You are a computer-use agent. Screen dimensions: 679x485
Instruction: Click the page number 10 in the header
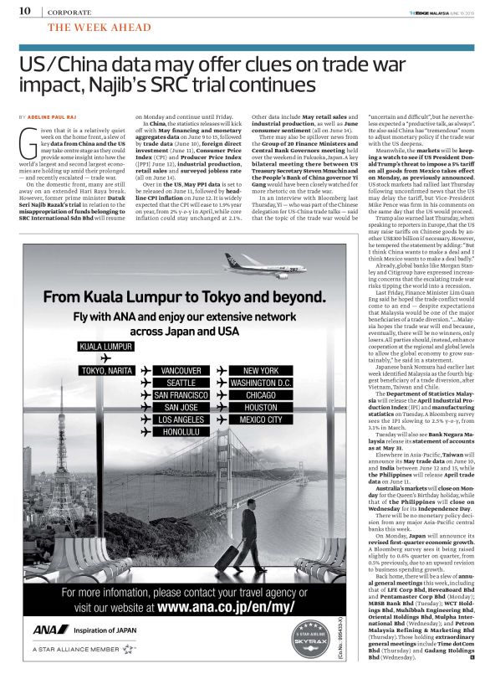pyautogui.click(x=24, y=11)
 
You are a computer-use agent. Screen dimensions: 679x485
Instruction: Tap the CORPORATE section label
pyautogui.click(x=69, y=12)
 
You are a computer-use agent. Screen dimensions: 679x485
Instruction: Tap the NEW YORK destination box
pyautogui.click(x=259, y=370)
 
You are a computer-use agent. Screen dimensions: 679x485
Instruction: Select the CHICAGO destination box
pyautogui.click(x=259, y=394)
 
